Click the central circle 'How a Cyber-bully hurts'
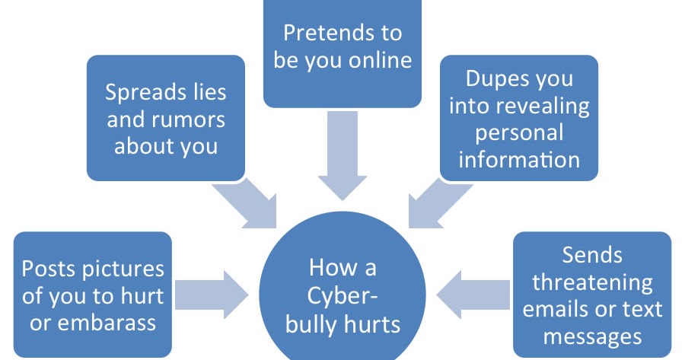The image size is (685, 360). tap(342, 297)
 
